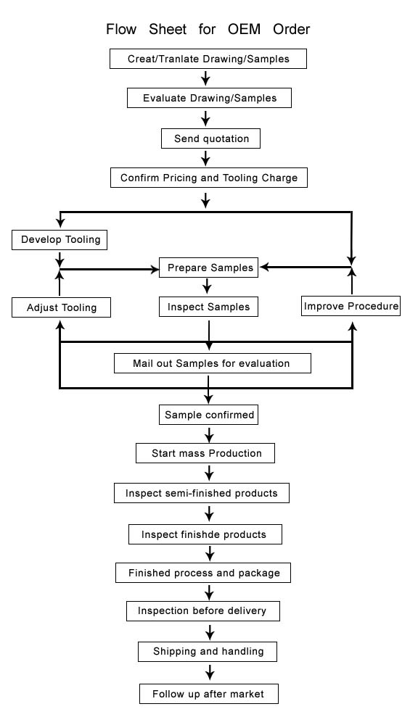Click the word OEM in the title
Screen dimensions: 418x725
pyautogui.click(x=244, y=29)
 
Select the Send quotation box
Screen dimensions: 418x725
pyautogui.click(x=210, y=138)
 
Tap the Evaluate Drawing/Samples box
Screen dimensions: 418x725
pyautogui.click(x=209, y=98)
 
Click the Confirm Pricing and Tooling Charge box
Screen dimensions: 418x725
pyautogui.click(x=209, y=178)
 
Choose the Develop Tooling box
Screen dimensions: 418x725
pyautogui.click(x=60, y=240)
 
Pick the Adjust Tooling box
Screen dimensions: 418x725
pyautogui.click(x=61, y=307)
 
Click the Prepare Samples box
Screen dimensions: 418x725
pyautogui.click(x=209, y=268)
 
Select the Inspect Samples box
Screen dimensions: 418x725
pyautogui.click(x=209, y=307)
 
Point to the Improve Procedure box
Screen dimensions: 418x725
pyautogui.click(x=351, y=306)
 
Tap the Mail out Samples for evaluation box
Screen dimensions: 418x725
pyautogui.click(x=213, y=363)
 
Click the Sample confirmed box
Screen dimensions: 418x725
pyautogui.click(x=209, y=415)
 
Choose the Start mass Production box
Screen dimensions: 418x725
pyautogui.click(x=205, y=453)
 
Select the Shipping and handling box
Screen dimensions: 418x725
pyautogui.click(x=208, y=652)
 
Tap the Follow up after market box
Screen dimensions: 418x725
pyautogui.click(x=209, y=694)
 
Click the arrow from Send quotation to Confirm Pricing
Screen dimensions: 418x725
pyautogui.click(x=206, y=158)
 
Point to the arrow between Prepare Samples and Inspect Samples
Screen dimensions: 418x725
pyautogui.click(x=208, y=286)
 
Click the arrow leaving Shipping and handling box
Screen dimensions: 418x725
pyautogui.click(x=210, y=672)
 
